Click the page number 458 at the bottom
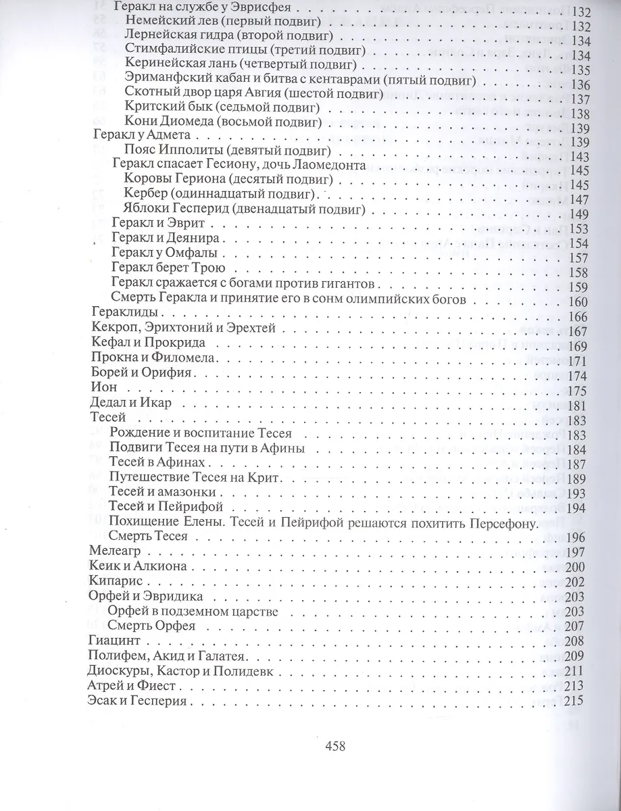coord(335,746)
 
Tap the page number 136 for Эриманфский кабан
coord(581,84)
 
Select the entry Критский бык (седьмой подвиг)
coord(222,107)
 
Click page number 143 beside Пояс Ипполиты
coord(581,157)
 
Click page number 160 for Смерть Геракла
coord(581,301)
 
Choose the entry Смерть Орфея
coord(151,625)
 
